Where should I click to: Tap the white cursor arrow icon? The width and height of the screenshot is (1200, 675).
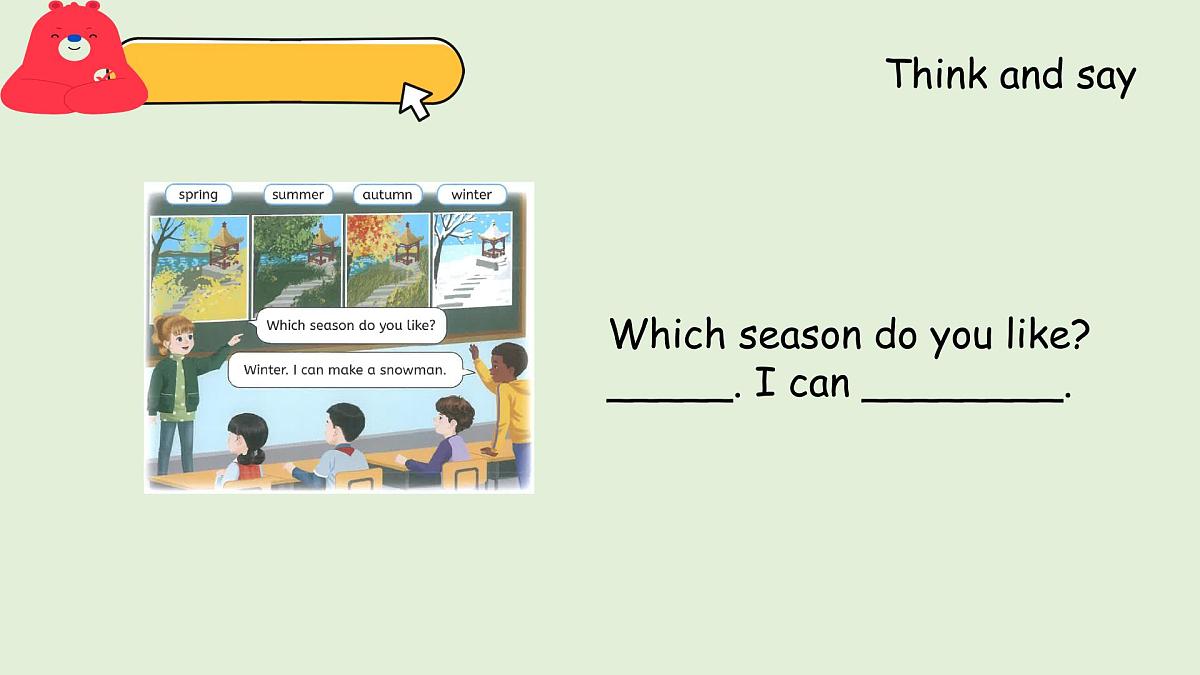415,101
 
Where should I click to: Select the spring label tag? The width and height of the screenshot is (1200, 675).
198,195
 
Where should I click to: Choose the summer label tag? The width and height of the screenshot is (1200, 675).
298,195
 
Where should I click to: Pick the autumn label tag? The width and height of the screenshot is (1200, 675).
387,195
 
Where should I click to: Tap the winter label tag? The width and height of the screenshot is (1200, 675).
471,195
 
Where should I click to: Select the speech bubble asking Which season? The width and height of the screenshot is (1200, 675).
350,325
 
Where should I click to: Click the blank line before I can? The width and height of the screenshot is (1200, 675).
670,395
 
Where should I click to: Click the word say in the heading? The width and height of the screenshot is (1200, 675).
1106,75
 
